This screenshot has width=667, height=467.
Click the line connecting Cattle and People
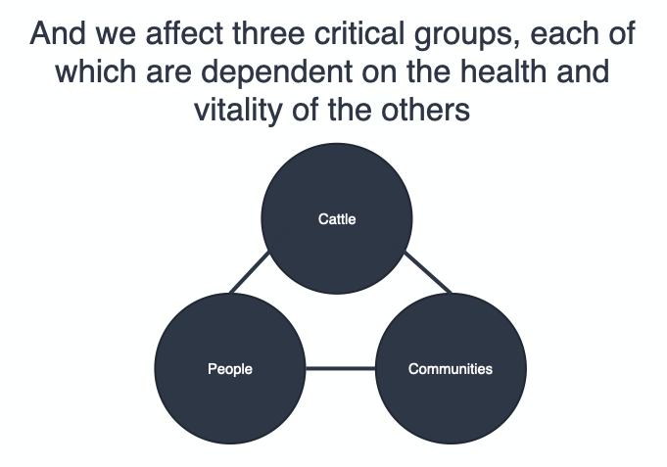[249, 272]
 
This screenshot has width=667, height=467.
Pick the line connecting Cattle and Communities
[427, 271]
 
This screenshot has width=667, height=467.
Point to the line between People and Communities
[341, 369]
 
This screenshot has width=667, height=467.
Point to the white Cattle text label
[337, 219]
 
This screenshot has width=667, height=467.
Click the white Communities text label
[451, 369]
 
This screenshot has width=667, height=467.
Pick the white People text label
[230, 369]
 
